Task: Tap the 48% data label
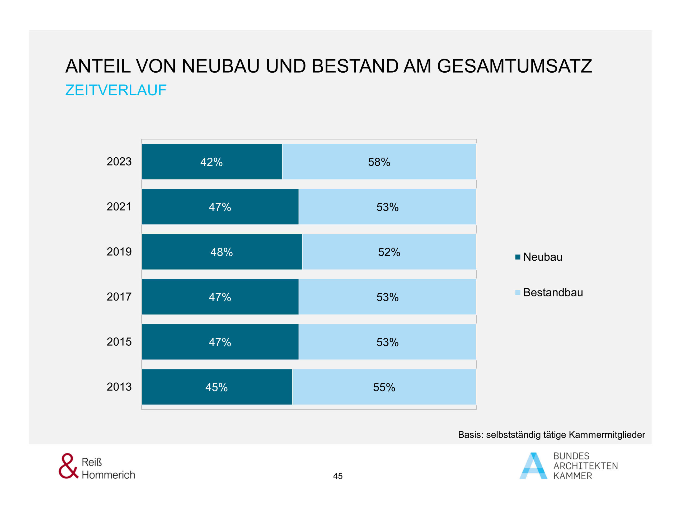pos(222,252)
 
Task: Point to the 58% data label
pos(379,162)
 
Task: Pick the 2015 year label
pos(119,342)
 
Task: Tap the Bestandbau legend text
pos(553,293)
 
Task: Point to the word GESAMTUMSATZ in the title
pos(514,66)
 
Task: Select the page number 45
pos(338,476)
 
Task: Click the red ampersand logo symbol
pos(68,466)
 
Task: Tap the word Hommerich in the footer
pos(108,475)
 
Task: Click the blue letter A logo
pos(533,466)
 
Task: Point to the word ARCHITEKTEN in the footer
pos(585,466)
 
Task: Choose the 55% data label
pos(384,387)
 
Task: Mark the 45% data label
pos(216,387)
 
